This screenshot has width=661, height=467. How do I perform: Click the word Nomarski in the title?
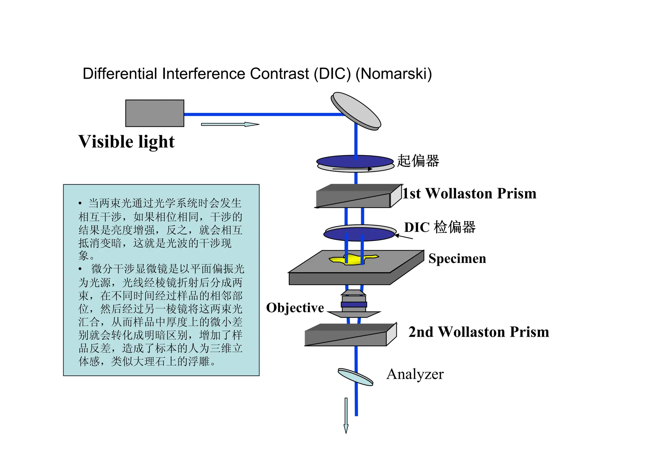[x=393, y=74]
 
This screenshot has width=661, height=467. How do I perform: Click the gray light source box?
[x=155, y=113]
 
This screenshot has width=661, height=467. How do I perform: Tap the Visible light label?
[x=126, y=142]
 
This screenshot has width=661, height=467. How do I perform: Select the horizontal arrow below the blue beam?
[x=230, y=124]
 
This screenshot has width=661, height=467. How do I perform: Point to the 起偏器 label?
[x=418, y=161]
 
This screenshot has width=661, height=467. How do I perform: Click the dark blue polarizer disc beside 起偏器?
[x=355, y=161]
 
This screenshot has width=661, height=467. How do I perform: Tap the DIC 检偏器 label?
[x=440, y=227]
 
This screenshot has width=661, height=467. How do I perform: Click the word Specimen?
[x=457, y=259]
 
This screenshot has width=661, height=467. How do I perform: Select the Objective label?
[x=295, y=308]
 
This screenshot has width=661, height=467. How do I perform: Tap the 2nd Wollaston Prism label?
[x=479, y=332]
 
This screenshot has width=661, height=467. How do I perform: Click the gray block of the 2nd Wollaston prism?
[x=346, y=337]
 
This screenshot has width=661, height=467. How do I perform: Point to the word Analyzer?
[x=415, y=374]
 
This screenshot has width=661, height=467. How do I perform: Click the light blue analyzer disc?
[x=355, y=377]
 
